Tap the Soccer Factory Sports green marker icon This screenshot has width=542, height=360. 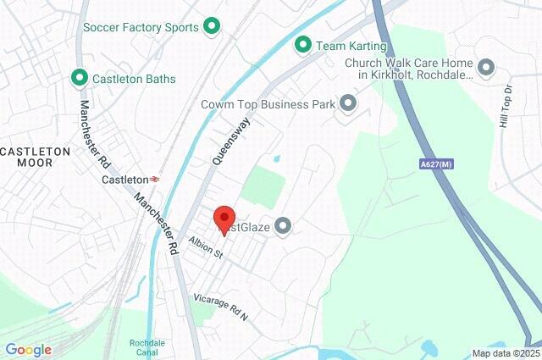pos(212,27)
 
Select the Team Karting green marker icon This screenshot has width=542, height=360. pos(301,45)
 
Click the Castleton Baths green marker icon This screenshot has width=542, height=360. pos(80,78)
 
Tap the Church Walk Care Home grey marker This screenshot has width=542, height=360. pos(486,66)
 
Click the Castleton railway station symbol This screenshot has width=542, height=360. pos(156,180)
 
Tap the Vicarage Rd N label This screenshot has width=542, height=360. pos(220,306)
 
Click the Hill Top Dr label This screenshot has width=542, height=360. pos(506,106)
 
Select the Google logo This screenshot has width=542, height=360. pos(28,350)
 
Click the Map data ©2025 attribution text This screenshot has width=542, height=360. pos(505,353)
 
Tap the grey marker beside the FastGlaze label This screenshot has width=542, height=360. pos(283,225)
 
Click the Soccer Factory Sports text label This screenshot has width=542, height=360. pos(141,27)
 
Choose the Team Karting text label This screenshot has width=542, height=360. pos(351,45)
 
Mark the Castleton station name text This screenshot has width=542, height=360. pos(124,180)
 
